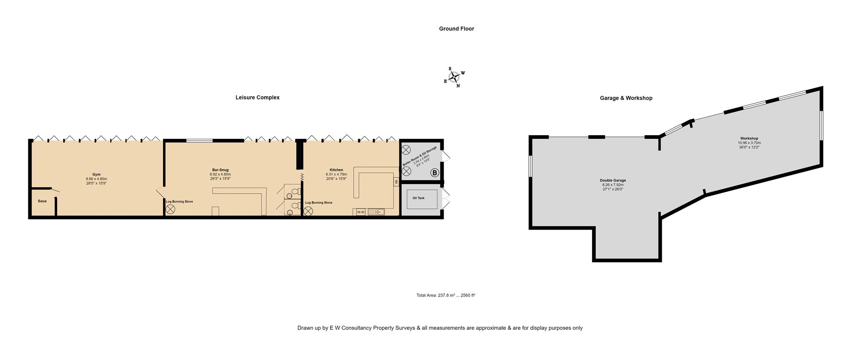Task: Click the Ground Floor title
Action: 457,29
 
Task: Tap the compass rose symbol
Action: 454,77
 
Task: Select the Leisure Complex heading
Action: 258,98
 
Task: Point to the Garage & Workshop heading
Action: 626,98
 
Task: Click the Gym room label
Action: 96,174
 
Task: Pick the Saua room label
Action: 42,201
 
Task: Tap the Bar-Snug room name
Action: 220,170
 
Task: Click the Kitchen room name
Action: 336,170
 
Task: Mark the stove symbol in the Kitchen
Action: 308,211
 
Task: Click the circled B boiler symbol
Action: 435,173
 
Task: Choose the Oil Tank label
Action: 418,198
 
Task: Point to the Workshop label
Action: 749,138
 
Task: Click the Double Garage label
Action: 613,180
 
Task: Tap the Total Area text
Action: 445,295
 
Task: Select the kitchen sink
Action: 376,212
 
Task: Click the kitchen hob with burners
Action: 361,212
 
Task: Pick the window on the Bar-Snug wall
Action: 199,141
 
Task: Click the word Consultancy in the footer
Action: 354,328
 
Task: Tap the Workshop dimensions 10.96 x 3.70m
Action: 749,143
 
